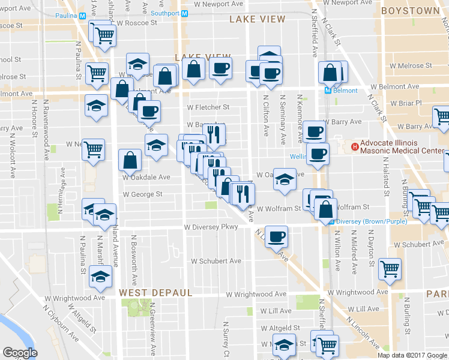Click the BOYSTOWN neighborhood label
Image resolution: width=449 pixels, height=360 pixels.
coord(410,11)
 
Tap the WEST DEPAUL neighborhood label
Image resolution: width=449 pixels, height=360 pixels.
coord(155,293)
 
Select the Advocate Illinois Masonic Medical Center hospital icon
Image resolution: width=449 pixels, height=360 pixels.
coord(355,146)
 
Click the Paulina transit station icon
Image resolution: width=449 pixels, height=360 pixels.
coord(82,15)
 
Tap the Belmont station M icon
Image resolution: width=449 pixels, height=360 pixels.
coord(328,91)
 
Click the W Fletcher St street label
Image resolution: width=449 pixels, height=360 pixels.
coord(208,107)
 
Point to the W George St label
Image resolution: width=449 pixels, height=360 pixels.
coord(142,194)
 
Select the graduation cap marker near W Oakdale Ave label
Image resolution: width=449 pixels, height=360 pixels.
coord(285,179)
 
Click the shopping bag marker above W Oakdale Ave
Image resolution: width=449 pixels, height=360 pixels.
coord(130,160)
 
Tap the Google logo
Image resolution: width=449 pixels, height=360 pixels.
coord(20,353)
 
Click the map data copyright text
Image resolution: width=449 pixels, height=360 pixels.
coord(412,355)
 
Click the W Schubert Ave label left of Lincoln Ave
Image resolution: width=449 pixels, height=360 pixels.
coord(216,261)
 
